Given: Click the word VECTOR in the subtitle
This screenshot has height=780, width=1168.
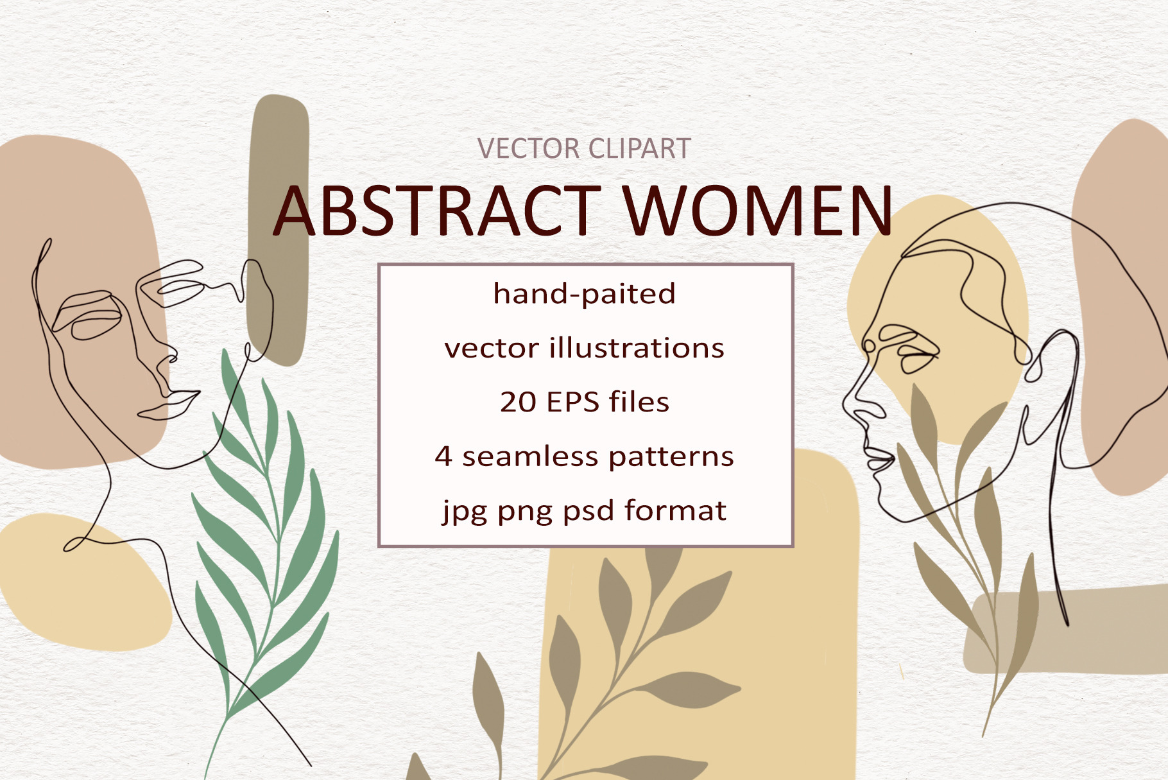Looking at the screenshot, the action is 529,149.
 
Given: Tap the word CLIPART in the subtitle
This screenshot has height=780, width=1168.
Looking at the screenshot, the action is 639,149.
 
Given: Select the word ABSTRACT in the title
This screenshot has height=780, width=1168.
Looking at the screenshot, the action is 437,211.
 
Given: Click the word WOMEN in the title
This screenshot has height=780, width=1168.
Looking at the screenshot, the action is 758,211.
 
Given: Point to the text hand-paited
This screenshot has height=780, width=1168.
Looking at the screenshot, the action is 584,294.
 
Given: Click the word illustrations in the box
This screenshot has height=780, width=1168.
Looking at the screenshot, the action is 637,348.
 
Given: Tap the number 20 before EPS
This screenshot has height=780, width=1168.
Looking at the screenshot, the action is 518,403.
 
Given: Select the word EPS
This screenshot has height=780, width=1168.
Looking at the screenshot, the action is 572,403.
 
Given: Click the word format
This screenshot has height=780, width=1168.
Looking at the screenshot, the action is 676,510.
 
